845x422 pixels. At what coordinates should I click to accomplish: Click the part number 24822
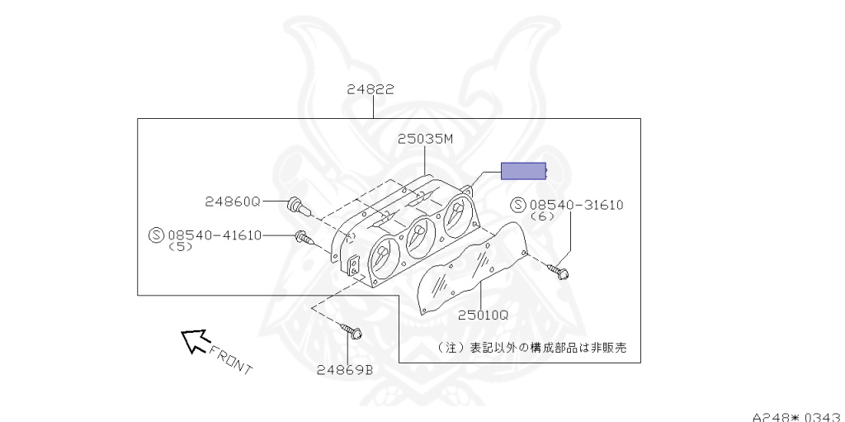pyautogui.click(x=371, y=89)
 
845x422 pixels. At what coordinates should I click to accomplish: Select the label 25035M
pyautogui.click(x=425, y=139)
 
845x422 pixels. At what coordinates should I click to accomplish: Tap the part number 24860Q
pyautogui.click(x=232, y=202)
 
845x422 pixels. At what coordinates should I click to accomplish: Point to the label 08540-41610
pyautogui.click(x=215, y=235)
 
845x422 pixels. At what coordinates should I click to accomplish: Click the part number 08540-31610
pyautogui.click(x=576, y=205)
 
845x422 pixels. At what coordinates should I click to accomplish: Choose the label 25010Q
pyautogui.click(x=483, y=315)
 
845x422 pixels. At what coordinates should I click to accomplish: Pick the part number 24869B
pyautogui.click(x=344, y=370)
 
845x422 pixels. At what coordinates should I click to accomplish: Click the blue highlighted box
pyautogui.click(x=524, y=171)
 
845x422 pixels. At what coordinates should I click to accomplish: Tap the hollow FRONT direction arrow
pyautogui.click(x=194, y=341)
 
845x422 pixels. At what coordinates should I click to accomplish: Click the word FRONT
pyautogui.click(x=231, y=360)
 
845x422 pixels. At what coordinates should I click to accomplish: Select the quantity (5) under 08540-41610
pyautogui.click(x=180, y=247)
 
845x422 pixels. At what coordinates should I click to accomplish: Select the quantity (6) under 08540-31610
pyautogui.click(x=542, y=216)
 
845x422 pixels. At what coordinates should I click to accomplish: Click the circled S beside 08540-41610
pyautogui.click(x=156, y=235)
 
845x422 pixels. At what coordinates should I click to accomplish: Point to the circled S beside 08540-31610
pyautogui.click(x=518, y=205)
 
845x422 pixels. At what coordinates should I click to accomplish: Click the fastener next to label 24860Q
pyautogui.click(x=298, y=206)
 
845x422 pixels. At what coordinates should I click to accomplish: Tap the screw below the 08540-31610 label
pyautogui.click(x=559, y=272)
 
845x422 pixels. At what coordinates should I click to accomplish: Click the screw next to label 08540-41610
pyautogui.click(x=304, y=238)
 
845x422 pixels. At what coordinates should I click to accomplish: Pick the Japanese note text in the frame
pyautogui.click(x=532, y=348)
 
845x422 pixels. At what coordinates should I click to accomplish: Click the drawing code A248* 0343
pyautogui.click(x=798, y=416)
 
